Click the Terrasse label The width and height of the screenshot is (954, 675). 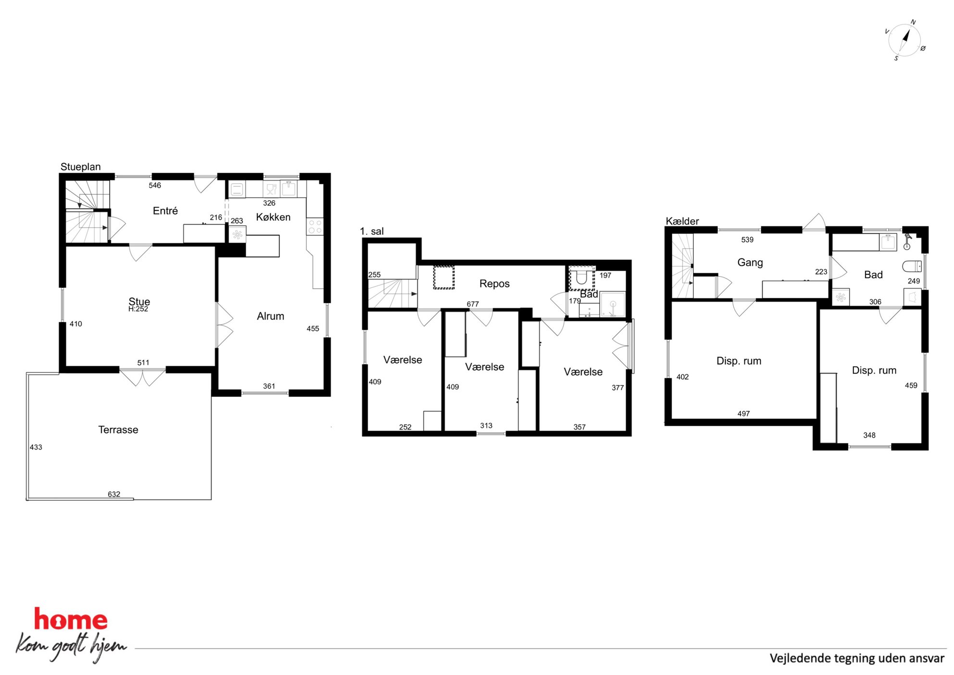click(x=118, y=430)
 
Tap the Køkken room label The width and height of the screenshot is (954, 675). click(x=273, y=217)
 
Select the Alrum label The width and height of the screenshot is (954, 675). click(x=270, y=316)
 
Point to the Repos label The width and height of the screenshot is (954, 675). click(x=494, y=284)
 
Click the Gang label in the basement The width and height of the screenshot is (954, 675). click(x=750, y=263)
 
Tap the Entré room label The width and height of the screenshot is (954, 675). click(x=165, y=211)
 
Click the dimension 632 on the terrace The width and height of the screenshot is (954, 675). click(x=114, y=494)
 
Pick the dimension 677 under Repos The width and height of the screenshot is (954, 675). click(x=473, y=304)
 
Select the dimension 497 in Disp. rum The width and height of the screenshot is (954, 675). click(x=743, y=414)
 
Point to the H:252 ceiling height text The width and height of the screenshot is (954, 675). click(x=138, y=309)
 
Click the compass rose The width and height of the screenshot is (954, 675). click(x=904, y=40)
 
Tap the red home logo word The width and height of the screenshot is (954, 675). click(x=71, y=619)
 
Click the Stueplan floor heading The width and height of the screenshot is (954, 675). click(x=80, y=167)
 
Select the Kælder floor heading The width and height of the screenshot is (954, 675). click(x=682, y=221)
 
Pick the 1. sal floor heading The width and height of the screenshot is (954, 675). click(x=372, y=231)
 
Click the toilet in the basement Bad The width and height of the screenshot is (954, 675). click(x=912, y=266)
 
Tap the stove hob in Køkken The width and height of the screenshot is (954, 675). click(x=315, y=227)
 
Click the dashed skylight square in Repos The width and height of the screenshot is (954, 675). click(x=444, y=278)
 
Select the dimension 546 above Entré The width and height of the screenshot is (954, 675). click(x=155, y=185)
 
